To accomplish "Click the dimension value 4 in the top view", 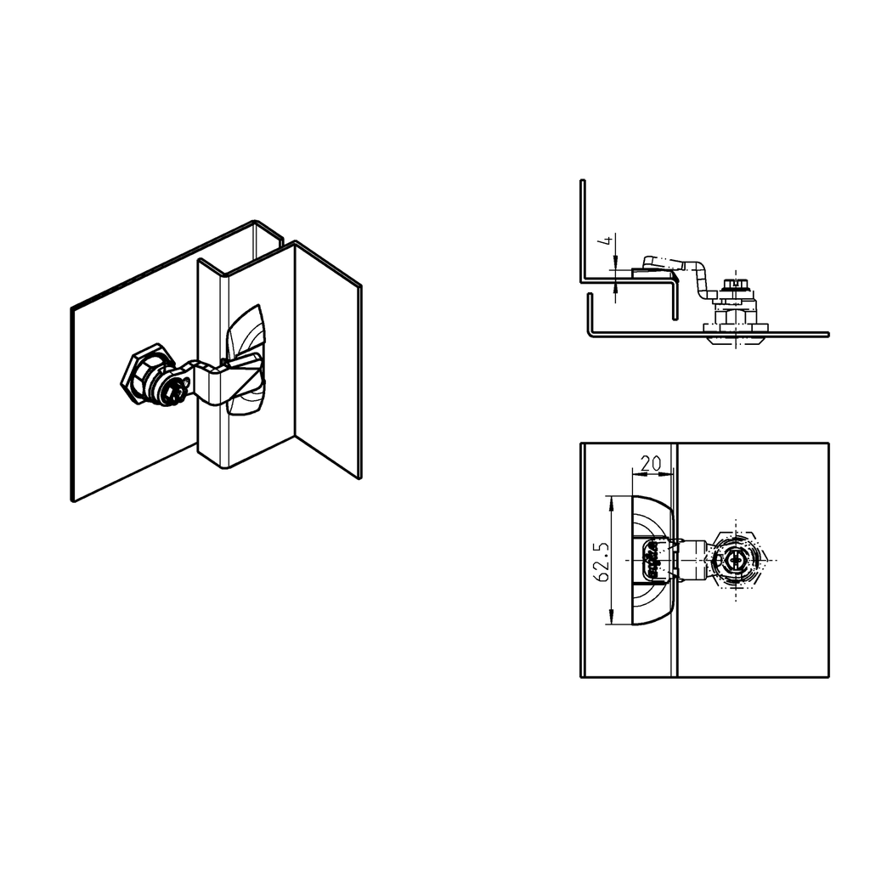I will [x=607, y=241].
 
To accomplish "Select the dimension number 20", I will [x=651, y=464].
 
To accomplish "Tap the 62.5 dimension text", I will [x=602, y=561].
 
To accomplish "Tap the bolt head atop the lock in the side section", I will [x=732, y=285].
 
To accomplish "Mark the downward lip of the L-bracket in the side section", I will [x=676, y=302].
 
